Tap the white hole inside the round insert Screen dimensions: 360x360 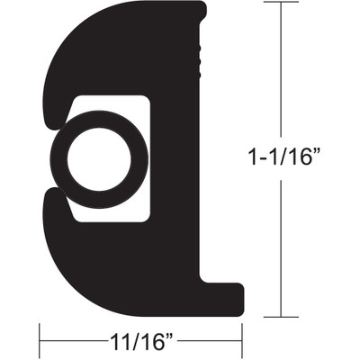(98, 161)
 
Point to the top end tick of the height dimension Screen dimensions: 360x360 (283, 4)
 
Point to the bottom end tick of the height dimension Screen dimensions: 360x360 (283, 317)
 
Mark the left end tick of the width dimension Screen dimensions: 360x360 (40, 342)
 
